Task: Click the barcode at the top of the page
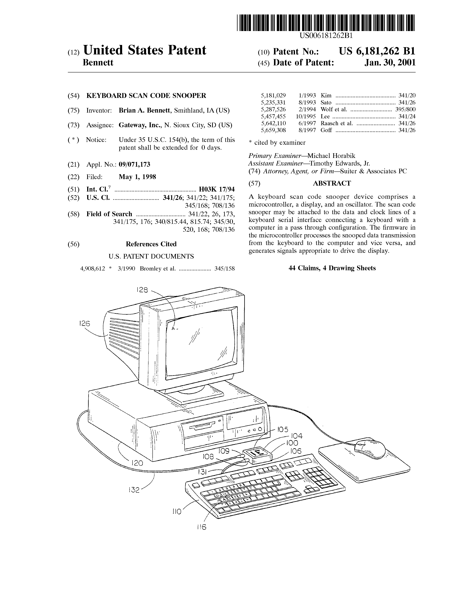point(325,23)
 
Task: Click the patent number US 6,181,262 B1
point(377,51)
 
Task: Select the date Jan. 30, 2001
point(390,62)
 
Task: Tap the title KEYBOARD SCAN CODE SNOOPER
point(146,96)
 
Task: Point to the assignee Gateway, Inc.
point(139,125)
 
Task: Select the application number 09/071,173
point(135,164)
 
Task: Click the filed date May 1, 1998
point(137,177)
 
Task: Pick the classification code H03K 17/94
point(217,189)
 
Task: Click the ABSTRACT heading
point(332,183)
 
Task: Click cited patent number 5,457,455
point(273,116)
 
